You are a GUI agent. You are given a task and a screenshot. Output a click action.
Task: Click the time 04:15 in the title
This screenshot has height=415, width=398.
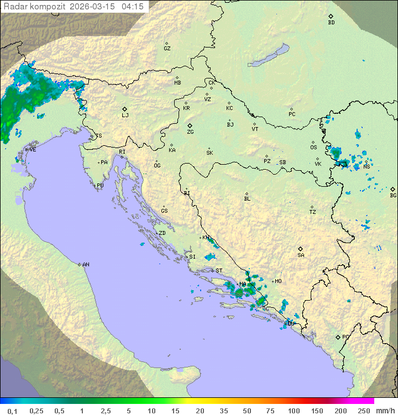tap(133, 7)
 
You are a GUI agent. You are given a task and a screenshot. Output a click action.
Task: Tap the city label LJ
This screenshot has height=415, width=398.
tap(125, 115)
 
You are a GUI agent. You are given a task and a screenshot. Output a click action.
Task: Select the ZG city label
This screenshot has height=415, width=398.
tap(190, 132)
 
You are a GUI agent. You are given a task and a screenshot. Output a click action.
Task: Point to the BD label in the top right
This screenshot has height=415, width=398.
tap(331, 23)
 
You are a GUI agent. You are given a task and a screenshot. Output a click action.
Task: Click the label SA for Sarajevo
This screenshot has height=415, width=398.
tap(301, 255)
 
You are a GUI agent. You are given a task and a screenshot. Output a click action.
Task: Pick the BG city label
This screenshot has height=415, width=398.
tap(393, 195)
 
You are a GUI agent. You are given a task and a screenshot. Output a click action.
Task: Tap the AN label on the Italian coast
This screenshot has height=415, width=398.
tap(86, 265)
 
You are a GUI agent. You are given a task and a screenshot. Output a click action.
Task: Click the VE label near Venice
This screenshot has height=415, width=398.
tap(33, 150)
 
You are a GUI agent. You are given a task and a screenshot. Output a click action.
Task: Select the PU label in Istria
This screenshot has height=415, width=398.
tap(100, 186)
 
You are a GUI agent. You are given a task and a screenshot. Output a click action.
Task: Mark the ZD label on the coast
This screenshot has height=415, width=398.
tap(162, 233)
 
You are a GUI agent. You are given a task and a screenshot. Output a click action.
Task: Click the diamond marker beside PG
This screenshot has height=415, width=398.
tap(338, 337)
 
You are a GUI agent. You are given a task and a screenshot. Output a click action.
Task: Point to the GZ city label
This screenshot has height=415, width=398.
tap(167, 48)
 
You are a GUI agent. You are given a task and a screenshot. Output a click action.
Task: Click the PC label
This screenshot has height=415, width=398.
tap(292, 114)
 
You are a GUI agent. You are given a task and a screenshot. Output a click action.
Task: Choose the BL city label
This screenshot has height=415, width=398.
tap(247, 198)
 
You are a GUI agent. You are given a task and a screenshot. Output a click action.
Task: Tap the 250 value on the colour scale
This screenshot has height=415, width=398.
tap(363, 411)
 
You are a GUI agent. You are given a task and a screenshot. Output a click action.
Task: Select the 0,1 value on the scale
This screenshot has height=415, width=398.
tap(12, 411)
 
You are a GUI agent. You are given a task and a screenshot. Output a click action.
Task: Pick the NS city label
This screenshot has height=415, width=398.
tap(367, 166)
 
